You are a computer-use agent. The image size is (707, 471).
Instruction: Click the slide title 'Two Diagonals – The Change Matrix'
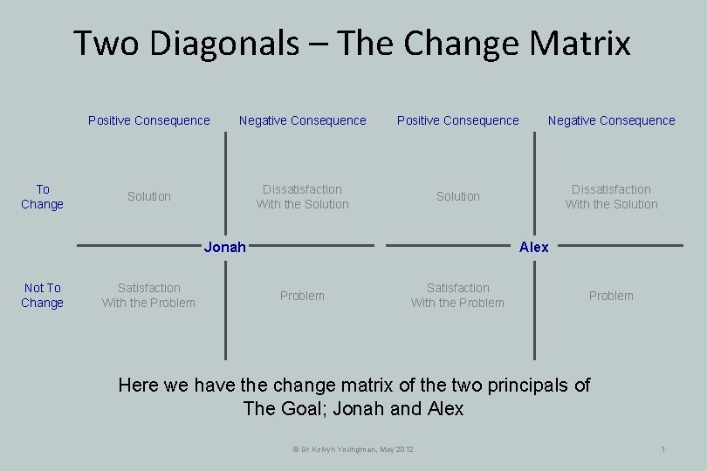pyautogui.click(x=352, y=43)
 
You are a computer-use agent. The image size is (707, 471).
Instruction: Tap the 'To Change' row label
pyautogui.click(x=43, y=196)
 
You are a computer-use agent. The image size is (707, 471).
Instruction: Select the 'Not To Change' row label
pyautogui.click(x=43, y=295)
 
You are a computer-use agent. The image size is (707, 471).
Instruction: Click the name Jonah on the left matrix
pyautogui.click(x=224, y=247)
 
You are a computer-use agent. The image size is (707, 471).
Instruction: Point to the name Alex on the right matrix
pyautogui.click(x=533, y=247)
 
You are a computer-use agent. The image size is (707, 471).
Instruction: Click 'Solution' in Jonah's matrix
pyautogui.click(x=149, y=196)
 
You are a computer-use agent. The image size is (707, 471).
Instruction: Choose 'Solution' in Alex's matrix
pyautogui.click(x=458, y=196)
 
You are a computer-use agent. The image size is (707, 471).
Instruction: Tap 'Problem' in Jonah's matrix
pyautogui.click(x=302, y=296)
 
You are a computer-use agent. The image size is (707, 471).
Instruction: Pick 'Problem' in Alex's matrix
pyautogui.click(x=611, y=296)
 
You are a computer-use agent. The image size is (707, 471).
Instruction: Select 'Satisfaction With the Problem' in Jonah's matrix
pyautogui.click(x=149, y=295)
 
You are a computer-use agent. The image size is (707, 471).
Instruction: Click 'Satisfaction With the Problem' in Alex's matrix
pyautogui.click(x=458, y=295)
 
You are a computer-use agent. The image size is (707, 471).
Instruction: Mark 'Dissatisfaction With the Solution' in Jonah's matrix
pyautogui.click(x=302, y=196)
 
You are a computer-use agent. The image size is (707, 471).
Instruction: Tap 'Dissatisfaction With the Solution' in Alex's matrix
pyautogui.click(x=611, y=196)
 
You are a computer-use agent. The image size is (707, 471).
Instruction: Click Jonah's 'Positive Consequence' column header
pyautogui.click(x=149, y=120)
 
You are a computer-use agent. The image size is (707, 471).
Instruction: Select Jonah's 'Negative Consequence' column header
pyautogui.click(x=303, y=120)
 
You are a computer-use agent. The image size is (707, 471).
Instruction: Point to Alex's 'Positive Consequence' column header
pyautogui.click(x=458, y=120)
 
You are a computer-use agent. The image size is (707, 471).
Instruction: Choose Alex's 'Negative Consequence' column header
pyautogui.click(x=612, y=120)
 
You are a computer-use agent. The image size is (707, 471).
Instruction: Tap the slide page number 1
pyautogui.click(x=663, y=448)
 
